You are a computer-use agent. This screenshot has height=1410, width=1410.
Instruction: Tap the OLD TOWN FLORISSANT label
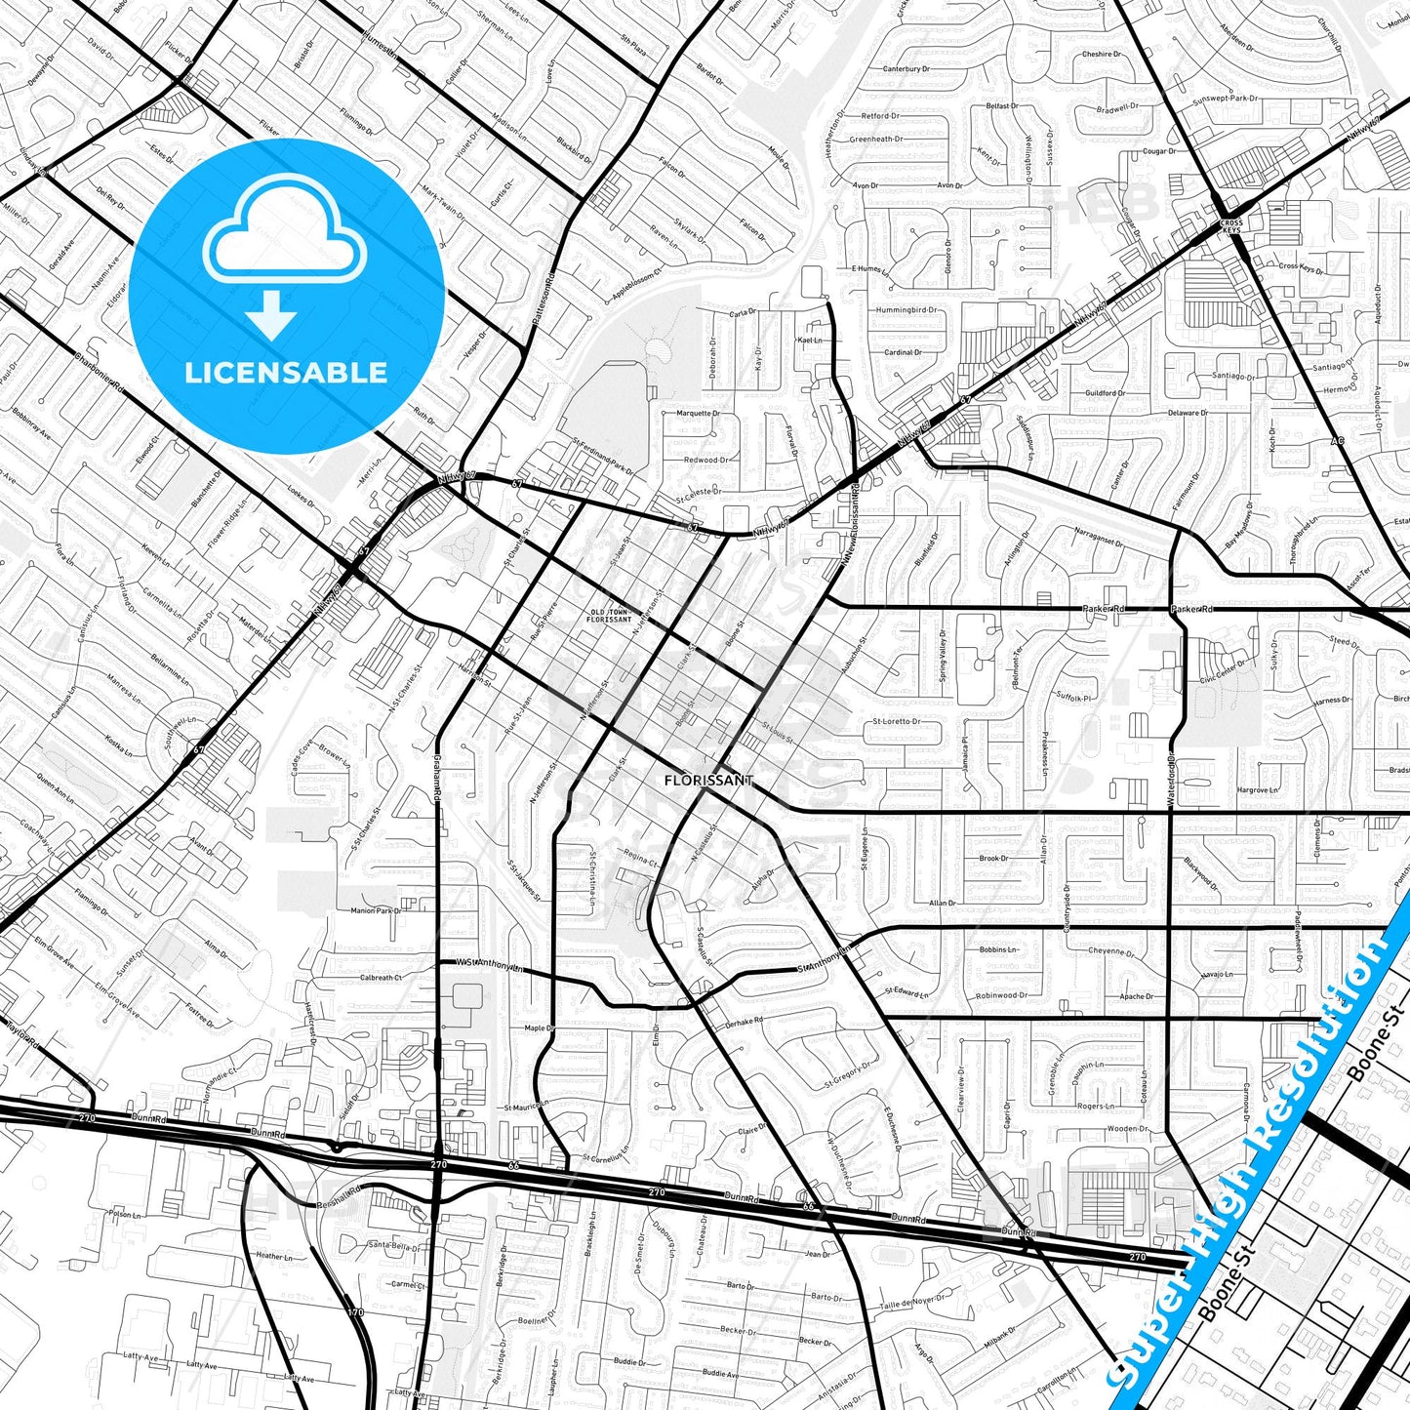tap(611, 616)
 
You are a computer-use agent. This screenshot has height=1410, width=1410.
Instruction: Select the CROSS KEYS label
tap(1231, 227)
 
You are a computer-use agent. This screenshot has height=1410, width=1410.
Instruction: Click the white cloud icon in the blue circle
tap(285, 238)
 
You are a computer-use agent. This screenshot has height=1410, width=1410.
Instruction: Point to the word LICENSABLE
tap(286, 373)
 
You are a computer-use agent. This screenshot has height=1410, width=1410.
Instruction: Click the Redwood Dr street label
tap(705, 460)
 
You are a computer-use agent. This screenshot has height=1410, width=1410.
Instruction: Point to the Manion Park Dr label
tap(376, 910)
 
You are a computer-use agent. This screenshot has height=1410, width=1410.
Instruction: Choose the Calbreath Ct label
tap(381, 977)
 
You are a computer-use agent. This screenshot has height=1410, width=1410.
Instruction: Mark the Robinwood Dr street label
tap(1001, 995)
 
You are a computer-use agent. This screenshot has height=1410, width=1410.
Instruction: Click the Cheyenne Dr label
tap(1111, 950)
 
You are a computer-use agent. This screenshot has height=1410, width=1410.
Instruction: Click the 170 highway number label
tap(356, 1311)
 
